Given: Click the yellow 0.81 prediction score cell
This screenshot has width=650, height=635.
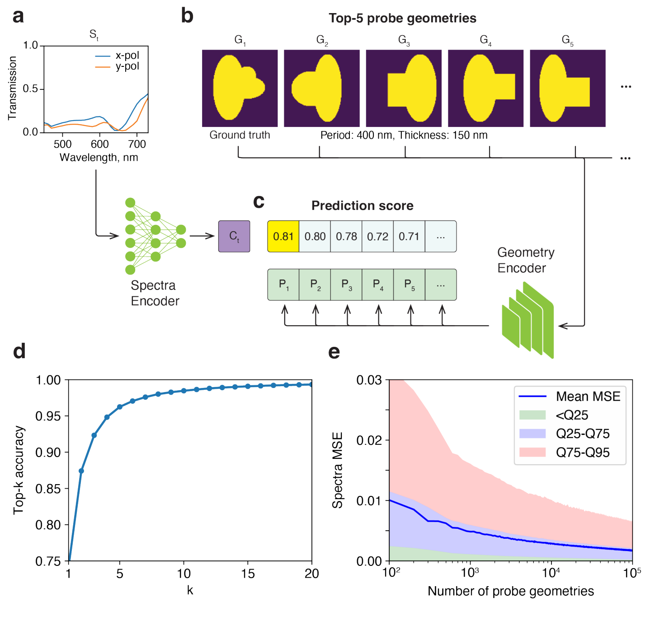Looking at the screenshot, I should click(x=283, y=236).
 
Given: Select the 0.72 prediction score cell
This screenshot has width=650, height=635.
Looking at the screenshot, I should click(x=377, y=236).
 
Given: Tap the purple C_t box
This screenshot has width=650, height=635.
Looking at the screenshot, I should click(x=234, y=236).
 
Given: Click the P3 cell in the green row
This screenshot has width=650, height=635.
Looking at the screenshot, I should click(x=346, y=285).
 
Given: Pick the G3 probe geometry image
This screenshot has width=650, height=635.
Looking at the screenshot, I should click(x=404, y=88).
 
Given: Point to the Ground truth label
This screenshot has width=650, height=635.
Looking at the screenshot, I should click(x=240, y=135).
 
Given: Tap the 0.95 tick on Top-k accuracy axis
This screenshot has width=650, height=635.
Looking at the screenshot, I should click(x=48, y=416).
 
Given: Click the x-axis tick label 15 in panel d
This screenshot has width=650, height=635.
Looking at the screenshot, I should click(x=248, y=574).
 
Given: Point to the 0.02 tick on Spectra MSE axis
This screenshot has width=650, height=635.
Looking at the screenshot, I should click(x=369, y=440).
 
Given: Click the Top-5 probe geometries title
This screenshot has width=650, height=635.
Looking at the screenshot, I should click(x=402, y=18).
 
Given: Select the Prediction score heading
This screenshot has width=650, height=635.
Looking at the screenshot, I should click(x=363, y=206).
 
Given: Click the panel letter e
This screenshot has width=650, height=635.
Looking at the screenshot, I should click(x=334, y=352).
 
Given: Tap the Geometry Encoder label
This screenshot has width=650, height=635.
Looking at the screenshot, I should click(x=526, y=260).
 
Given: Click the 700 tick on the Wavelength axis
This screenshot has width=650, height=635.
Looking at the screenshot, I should click(x=137, y=144).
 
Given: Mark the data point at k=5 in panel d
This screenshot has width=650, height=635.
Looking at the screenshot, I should click(x=120, y=407).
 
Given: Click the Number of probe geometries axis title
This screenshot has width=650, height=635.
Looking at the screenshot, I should click(x=511, y=591).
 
